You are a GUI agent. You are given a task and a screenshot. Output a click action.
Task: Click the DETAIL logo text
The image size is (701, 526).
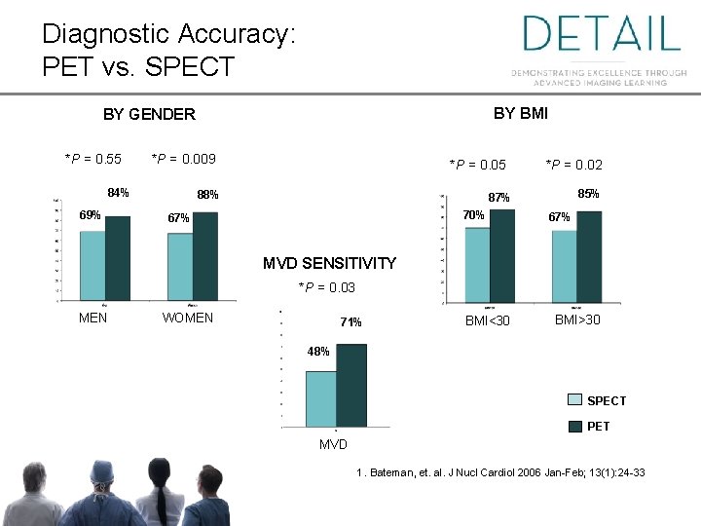(601, 34)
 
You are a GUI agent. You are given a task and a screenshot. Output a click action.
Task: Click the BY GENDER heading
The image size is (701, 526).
(149, 114)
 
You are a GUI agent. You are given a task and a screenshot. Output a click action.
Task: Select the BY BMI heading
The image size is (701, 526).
(520, 113)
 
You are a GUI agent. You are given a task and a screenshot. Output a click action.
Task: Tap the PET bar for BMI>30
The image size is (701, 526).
(589, 257)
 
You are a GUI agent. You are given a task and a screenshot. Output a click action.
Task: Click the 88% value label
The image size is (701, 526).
(207, 195)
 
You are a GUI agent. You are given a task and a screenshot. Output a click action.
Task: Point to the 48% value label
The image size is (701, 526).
(318, 352)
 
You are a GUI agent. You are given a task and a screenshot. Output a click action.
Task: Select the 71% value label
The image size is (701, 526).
(350, 322)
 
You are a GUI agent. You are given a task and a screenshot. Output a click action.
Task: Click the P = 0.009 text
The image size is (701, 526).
(183, 159)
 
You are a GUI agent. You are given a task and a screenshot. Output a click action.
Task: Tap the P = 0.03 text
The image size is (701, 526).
(326, 287)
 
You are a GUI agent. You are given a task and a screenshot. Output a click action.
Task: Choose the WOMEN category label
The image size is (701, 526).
(188, 318)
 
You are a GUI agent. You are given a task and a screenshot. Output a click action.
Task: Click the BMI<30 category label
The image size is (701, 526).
(487, 320)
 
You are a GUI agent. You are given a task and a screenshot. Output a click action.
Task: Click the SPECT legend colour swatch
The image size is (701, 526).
(576, 400)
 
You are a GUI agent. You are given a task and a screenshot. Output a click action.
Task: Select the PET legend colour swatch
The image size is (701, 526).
(576, 426)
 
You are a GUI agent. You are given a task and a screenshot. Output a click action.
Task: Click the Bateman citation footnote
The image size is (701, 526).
(500, 472)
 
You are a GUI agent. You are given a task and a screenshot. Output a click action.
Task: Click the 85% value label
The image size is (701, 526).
(588, 194)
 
